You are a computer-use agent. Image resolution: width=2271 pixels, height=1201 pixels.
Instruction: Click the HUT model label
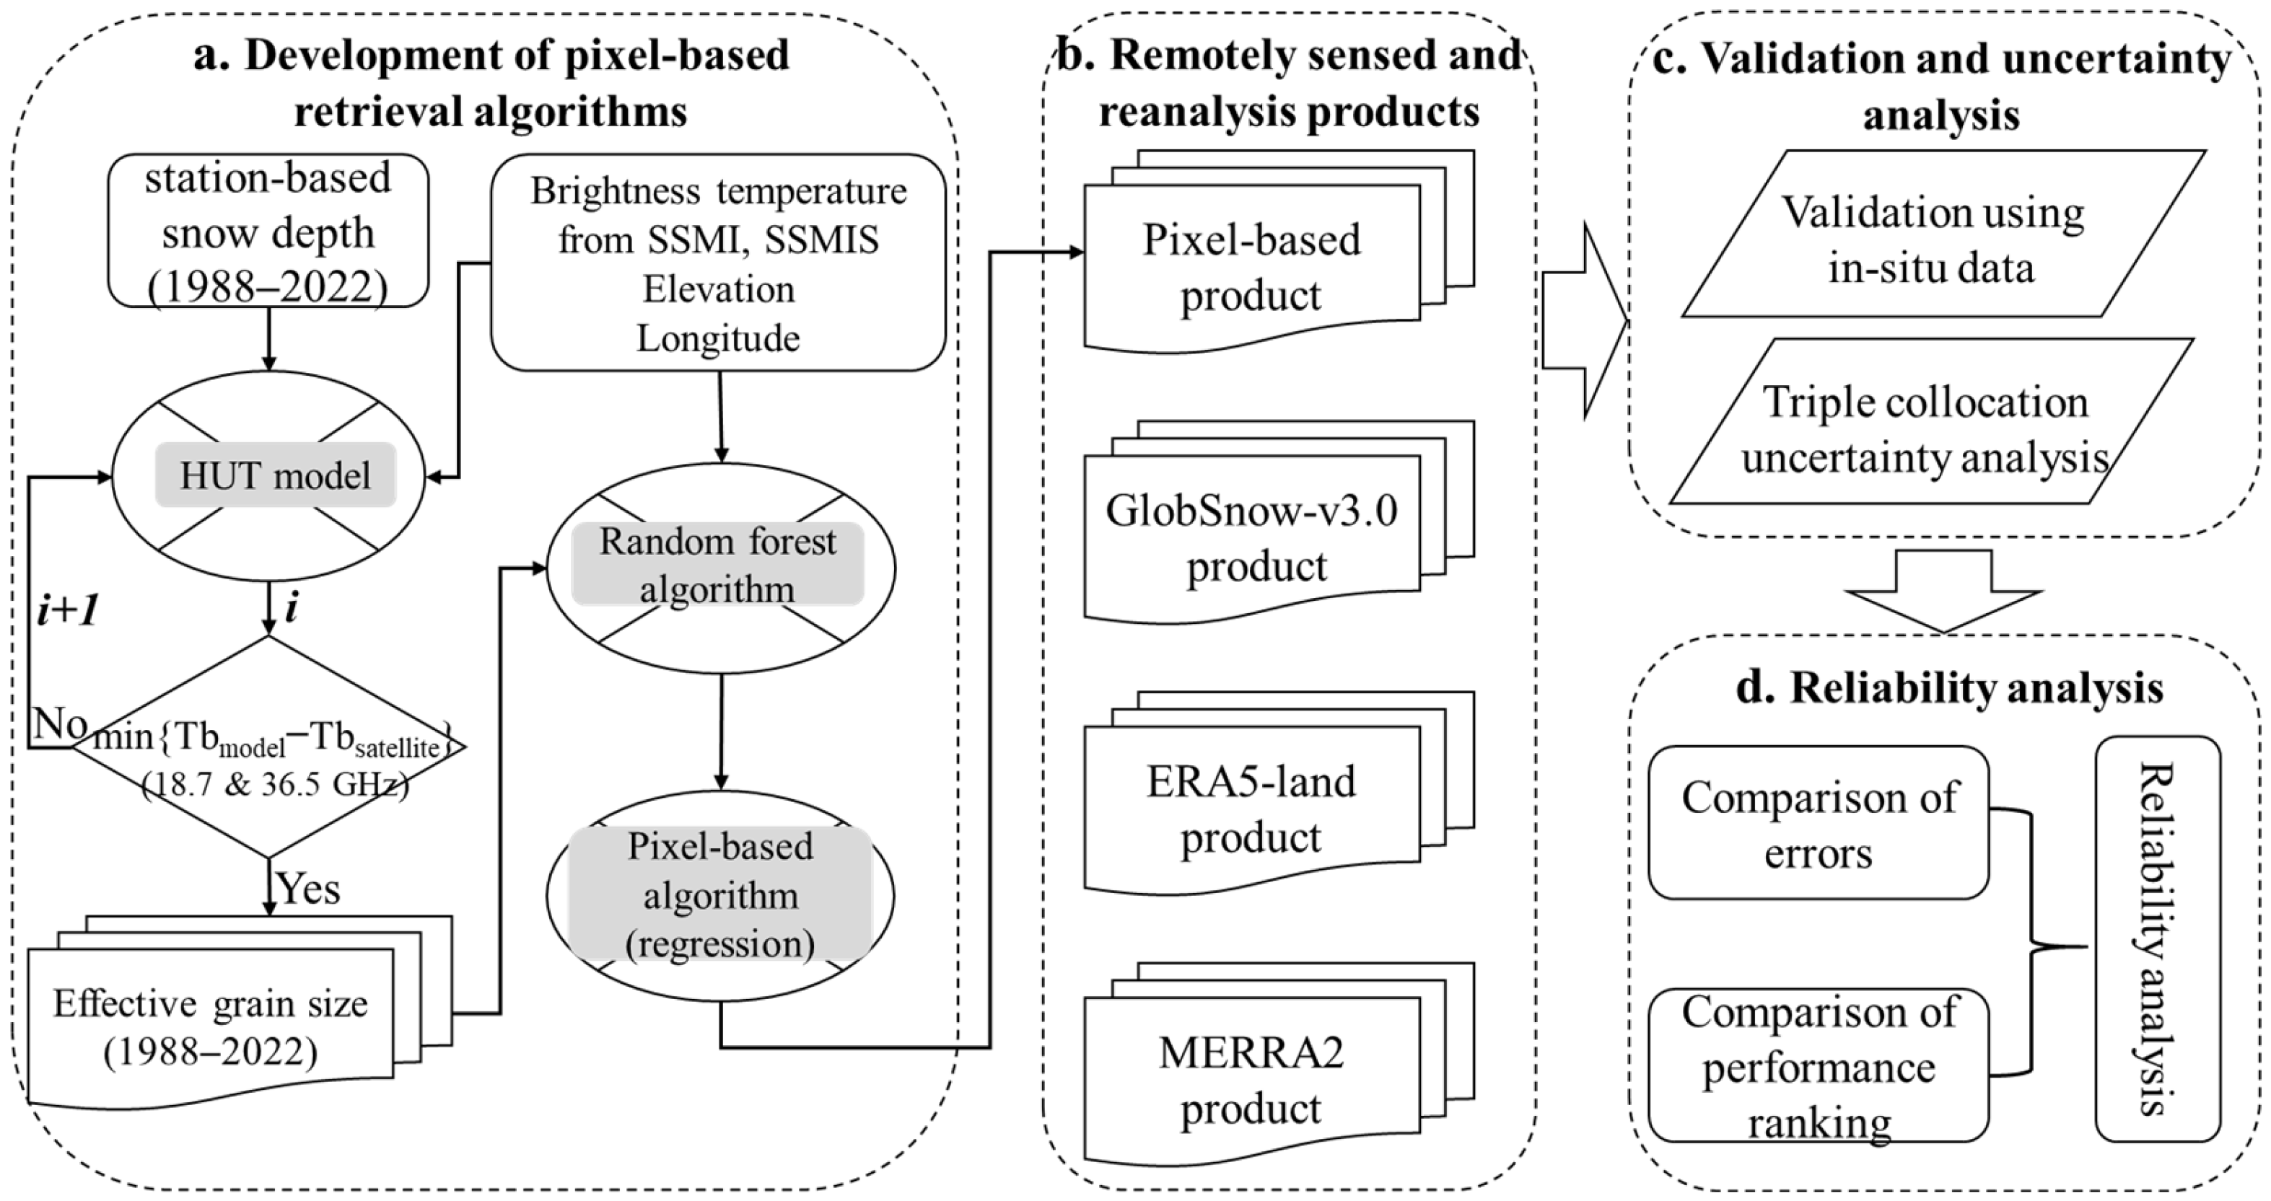click(275, 476)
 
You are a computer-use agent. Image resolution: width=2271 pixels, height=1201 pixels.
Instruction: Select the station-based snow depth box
click(268, 232)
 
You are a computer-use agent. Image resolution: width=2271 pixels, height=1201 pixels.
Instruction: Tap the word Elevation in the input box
click(719, 290)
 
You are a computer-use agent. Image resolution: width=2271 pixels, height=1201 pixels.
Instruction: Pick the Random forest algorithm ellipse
click(719, 566)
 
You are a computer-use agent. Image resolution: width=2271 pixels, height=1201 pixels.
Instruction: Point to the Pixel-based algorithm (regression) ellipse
click(719, 895)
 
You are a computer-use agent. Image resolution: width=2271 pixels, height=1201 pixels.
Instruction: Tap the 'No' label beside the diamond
click(59, 723)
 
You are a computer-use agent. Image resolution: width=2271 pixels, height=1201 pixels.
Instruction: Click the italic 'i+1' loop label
click(68, 610)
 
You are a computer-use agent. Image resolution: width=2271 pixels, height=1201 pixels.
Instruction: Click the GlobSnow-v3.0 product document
click(1252, 537)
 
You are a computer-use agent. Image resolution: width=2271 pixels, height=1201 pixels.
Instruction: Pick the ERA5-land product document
click(1252, 808)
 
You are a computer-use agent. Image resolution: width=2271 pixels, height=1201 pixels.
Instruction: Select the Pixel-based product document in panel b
click(1252, 266)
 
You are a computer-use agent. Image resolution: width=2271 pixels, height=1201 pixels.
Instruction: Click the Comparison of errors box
click(1818, 824)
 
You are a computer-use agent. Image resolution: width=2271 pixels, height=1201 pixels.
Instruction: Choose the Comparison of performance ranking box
click(1818, 1065)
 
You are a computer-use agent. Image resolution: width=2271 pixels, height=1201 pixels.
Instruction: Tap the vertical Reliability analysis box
click(2157, 938)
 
